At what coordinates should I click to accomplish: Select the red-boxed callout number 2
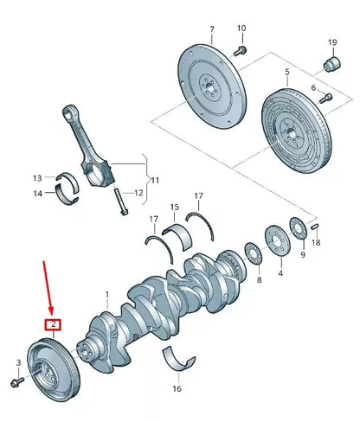(x=54, y=325)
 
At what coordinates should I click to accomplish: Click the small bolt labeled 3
(x=18, y=380)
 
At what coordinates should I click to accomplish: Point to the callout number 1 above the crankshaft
(x=107, y=296)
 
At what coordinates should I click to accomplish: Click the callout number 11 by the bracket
(x=155, y=180)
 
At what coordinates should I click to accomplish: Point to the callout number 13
(x=37, y=178)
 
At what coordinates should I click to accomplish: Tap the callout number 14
(x=37, y=193)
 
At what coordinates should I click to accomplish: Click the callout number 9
(x=302, y=255)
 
